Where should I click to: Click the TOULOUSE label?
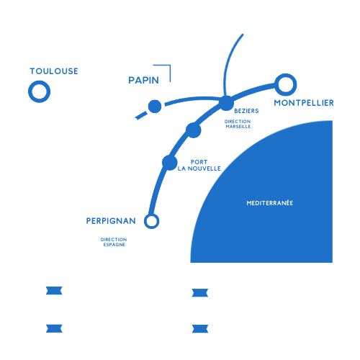click(x=54, y=71)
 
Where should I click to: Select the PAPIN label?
click(x=143, y=80)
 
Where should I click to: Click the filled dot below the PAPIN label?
click(x=155, y=107)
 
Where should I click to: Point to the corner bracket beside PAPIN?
click(x=170, y=66)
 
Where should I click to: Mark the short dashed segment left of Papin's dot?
click(x=141, y=115)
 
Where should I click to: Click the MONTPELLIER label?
click(x=304, y=103)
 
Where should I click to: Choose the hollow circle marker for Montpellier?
click(x=286, y=75)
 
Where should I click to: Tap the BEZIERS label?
click(x=246, y=111)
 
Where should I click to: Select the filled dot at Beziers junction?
click(x=226, y=103)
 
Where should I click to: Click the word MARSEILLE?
click(x=238, y=127)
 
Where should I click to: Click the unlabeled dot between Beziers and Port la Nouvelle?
click(x=194, y=130)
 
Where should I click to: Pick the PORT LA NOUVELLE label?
click(x=199, y=166)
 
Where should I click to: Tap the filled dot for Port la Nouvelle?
click(x=170, y=163)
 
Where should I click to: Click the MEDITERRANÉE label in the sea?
click(x=270, y=203)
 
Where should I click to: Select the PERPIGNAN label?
click(x=111, y=221)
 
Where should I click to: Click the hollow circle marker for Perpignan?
click(x=151, y=215)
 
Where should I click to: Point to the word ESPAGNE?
click(x=114, y=245)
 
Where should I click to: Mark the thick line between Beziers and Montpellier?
click(x=253, y=91)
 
